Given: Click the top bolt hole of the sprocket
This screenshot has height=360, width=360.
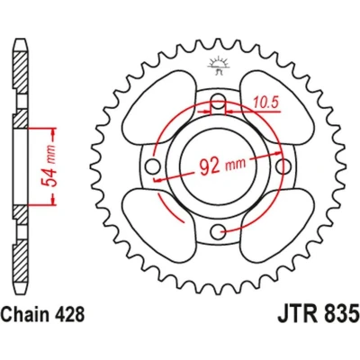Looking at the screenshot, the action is (218, 100).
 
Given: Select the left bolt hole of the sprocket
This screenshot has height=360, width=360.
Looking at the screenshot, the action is (152, 166).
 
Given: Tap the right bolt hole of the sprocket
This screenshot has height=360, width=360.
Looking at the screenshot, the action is (283, 166).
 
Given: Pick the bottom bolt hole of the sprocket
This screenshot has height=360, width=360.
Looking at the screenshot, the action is (218, 231).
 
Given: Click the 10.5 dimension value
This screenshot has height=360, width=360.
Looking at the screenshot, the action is (265, 103).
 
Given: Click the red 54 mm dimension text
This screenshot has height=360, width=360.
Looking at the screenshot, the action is (49, 166).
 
